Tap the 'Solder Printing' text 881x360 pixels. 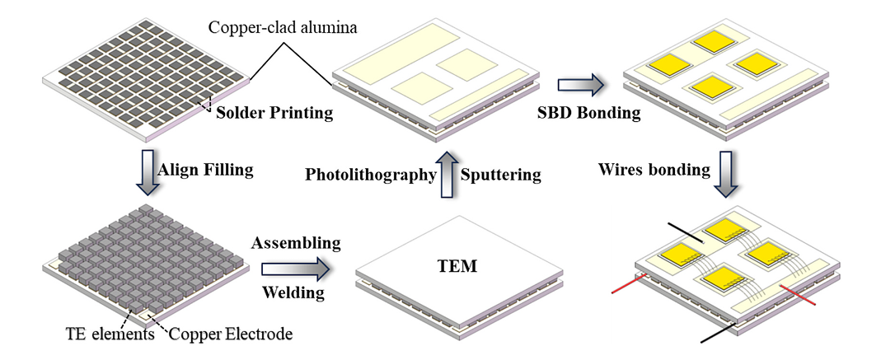point(274,113)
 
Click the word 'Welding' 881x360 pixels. point(293,292)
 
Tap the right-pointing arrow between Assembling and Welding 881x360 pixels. point(293,269)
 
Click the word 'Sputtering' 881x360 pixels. point(499,175)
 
